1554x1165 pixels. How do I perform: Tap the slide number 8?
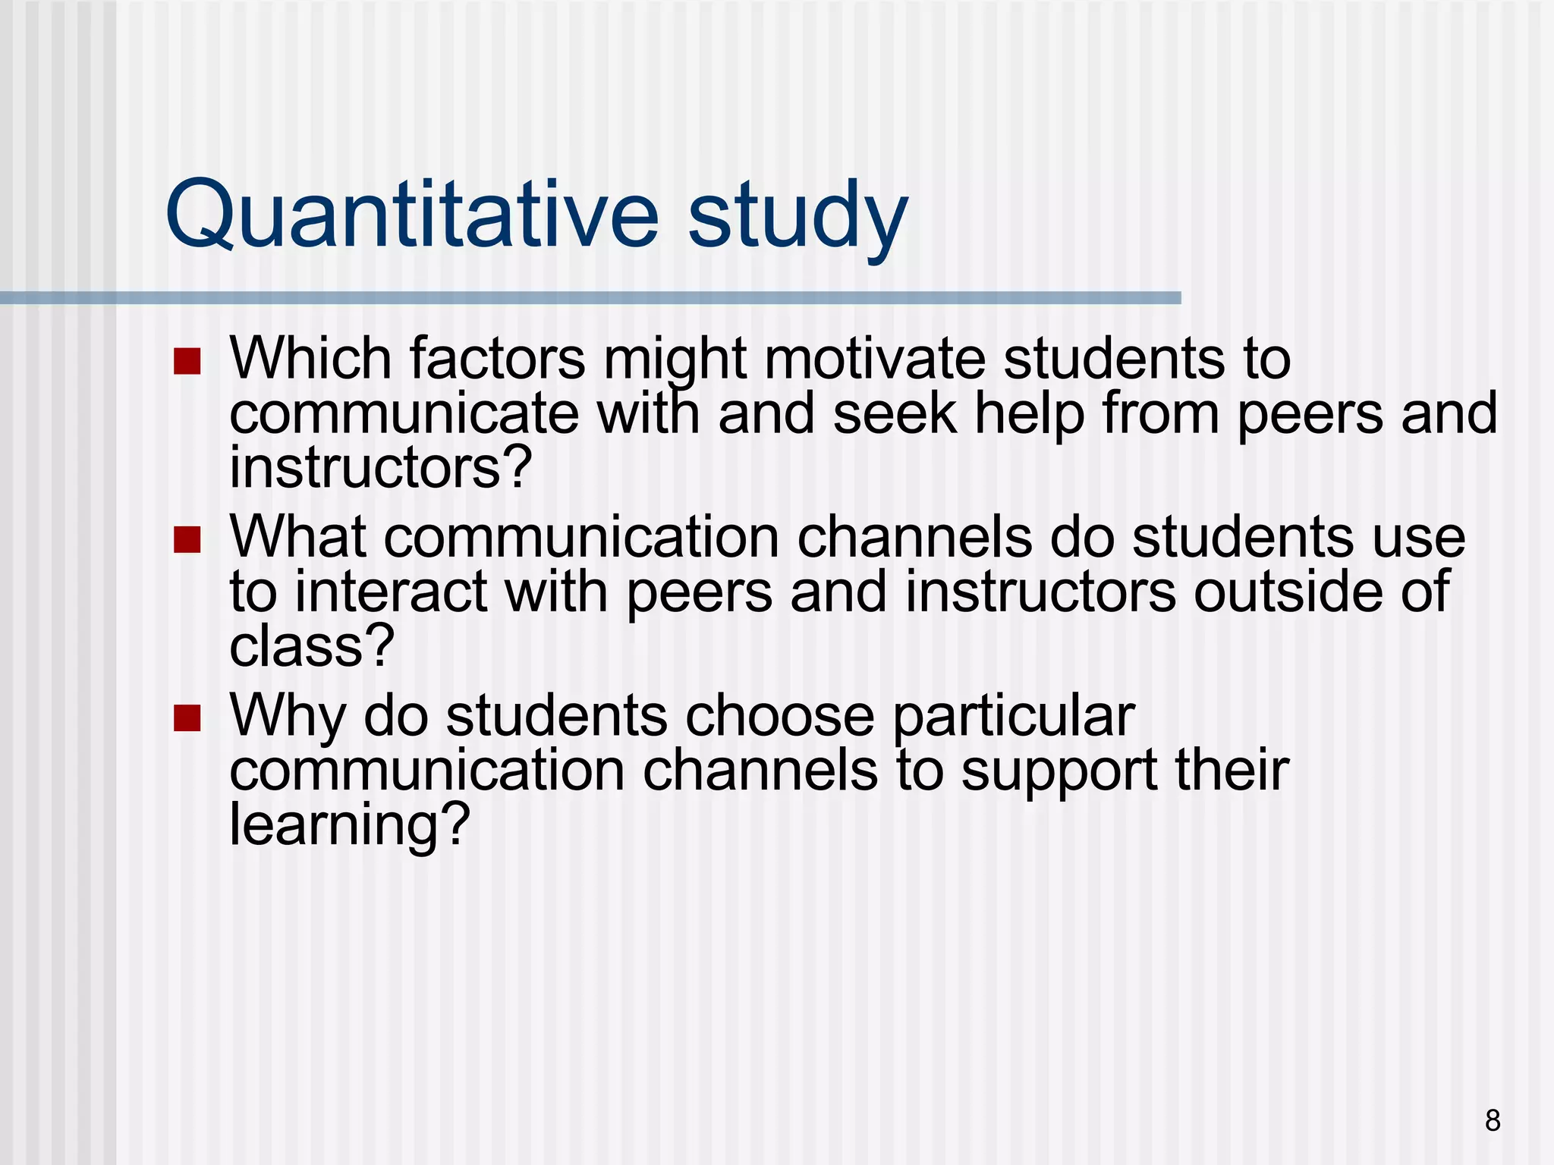[1492, 1120]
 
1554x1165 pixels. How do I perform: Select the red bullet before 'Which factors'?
[187, 362]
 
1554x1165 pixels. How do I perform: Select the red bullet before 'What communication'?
[187, 540]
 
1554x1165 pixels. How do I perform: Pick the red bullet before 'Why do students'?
[187, 718]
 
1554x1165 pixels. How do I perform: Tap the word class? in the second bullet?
[312, 646]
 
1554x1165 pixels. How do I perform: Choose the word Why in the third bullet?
[288, 717]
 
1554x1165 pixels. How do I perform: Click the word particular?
[1013, 717]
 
